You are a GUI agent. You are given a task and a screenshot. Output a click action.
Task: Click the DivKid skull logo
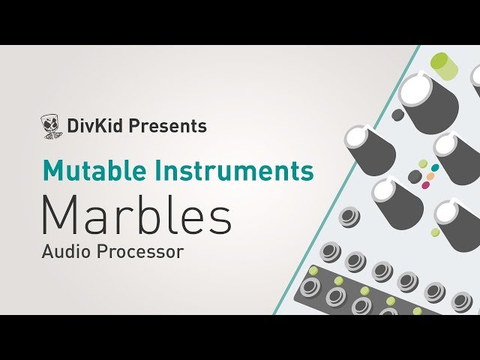tap(51, 127)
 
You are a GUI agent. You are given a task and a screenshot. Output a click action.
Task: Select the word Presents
tap(167, 126)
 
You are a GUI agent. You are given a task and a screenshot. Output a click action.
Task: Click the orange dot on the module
tap(430, 177)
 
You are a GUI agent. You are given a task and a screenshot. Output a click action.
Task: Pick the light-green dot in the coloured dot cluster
tap(423, 163)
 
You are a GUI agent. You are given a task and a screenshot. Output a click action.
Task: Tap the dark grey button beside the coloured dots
tap(414, 175)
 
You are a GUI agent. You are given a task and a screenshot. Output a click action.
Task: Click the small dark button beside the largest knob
tap(397, 115)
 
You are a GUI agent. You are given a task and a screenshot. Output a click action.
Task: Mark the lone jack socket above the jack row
tap(349, 218)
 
